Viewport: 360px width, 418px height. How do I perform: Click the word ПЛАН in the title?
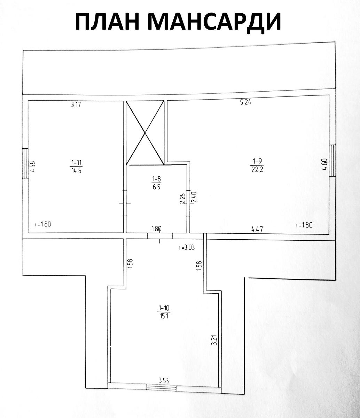(x=107, y=22)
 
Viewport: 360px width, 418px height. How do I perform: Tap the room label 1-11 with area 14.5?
(x=76, y=167)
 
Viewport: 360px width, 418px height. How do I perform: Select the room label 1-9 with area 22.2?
(x=257, y=165)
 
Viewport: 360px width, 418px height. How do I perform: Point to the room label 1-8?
(x=156, y=183)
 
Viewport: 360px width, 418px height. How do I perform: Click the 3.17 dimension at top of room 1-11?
(x=76, y=104)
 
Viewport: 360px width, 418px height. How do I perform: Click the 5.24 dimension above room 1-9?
(x=245, y=102)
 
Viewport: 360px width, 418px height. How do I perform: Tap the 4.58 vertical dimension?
(x=32, y=167)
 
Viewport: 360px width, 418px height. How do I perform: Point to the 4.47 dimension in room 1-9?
(x=257, y=229)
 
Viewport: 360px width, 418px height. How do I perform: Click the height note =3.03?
(x=187, y=248)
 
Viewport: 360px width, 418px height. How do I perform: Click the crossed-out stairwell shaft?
(x=145, y=133)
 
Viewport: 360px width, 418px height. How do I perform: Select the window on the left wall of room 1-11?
(x=25, y=163)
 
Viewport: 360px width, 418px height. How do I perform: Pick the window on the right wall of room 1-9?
(x=332, y=161)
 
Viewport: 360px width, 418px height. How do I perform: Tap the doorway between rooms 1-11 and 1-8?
(x=125, y=203)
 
